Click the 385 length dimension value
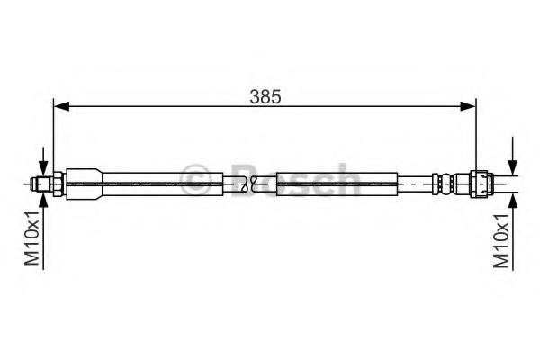pos(265,97)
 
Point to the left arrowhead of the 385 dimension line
pos(61,107)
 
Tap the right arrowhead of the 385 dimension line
pos(468,107)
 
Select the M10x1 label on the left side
pos(32,238)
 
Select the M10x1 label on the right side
pos(501,240)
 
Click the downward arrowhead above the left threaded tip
pos(43,169)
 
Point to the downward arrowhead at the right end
pos(513,167)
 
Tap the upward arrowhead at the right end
pos(513,202)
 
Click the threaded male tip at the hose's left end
pos(40,184)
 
